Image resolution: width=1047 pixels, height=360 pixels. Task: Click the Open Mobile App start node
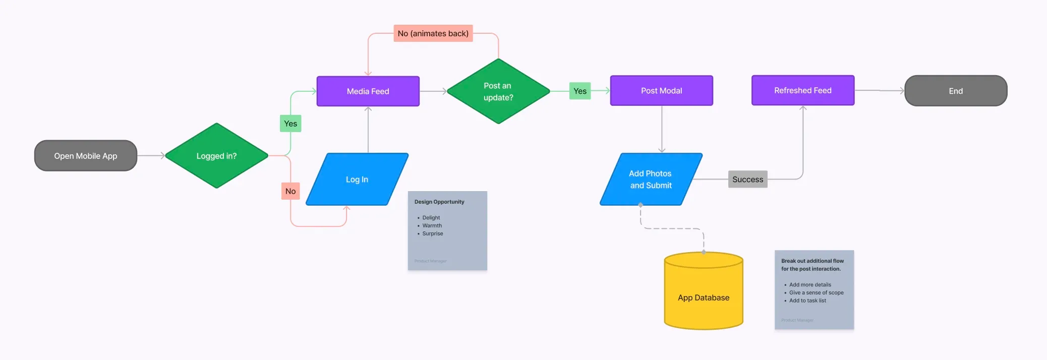(86, 156)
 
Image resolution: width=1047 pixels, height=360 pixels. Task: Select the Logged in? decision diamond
(216, 156)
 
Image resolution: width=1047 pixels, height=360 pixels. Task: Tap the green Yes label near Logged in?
(290, 124)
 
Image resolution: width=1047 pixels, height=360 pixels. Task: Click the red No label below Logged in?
(290, 191)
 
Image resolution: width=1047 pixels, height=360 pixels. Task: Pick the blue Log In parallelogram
(357, 179)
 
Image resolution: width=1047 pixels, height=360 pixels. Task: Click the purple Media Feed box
(368, 91)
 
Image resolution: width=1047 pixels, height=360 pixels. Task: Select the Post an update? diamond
(498, 91)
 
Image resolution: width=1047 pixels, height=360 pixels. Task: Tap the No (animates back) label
(433, 33)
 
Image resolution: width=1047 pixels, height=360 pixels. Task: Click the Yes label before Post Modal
(580, 91)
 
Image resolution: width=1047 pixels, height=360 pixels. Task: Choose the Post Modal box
(661, 91)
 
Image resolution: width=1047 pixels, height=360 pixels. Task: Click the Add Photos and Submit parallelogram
(651, 179)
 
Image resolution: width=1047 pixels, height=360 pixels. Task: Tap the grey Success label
(747, 179)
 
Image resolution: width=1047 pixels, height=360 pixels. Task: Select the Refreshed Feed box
(802, 90)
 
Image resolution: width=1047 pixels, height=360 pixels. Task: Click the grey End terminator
(956, 91)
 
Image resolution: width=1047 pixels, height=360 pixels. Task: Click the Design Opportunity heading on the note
(439, 202)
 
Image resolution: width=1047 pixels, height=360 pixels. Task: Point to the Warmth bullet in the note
(432, 225)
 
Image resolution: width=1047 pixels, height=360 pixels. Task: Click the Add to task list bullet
(807, 301)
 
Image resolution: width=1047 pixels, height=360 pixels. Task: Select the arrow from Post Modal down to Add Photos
(662, 129)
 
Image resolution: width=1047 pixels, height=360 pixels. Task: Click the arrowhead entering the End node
(902, 91)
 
